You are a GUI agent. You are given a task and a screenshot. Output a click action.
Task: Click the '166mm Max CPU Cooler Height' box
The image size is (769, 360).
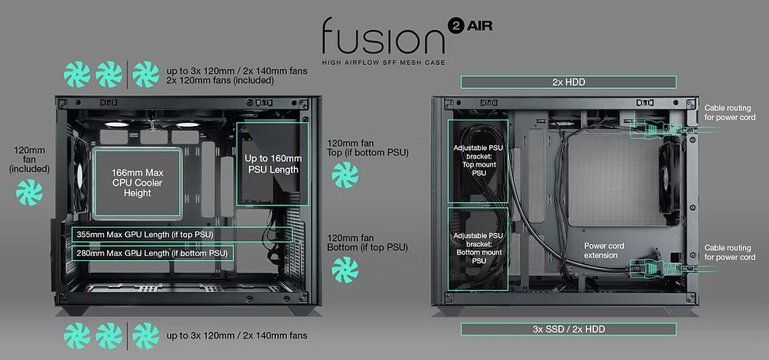[137, 183]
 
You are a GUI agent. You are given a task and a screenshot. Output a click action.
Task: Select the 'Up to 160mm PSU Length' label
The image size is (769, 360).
[274, 164]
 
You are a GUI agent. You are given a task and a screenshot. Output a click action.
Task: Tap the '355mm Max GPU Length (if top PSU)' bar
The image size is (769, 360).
[182, 235]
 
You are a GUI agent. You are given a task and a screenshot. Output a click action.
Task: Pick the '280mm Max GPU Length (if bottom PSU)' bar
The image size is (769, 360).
[152, 253]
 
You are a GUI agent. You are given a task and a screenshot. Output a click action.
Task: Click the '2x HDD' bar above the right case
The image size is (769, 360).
[568, 82]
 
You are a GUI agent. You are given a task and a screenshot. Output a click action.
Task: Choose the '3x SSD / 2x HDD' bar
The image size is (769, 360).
[568, 329]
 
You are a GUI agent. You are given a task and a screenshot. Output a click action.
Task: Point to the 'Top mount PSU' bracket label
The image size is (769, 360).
[478, 160]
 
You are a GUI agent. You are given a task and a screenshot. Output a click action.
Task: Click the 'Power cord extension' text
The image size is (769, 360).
[601, 251]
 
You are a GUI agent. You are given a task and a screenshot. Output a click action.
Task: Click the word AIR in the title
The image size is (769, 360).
[479, 26]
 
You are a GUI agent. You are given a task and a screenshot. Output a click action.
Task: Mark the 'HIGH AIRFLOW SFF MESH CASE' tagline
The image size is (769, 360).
[384, 63]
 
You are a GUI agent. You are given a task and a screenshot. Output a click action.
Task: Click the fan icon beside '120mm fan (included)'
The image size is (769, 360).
[29, 192]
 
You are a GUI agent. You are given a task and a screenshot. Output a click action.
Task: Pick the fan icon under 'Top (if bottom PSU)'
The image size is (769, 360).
[345, 175]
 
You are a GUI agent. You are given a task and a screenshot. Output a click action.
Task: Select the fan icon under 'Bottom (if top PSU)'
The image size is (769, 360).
[345, 270]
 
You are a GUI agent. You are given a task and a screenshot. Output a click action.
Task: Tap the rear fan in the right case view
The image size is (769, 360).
[669, 178]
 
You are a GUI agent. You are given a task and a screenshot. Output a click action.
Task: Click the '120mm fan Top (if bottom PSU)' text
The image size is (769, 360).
[368, 148]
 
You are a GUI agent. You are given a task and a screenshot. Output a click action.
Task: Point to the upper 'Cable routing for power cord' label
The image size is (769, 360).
[730, 113]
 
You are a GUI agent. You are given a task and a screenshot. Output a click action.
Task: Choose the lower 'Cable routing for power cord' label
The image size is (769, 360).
[730, 253]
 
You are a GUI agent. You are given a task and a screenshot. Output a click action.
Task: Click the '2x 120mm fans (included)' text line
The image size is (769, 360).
[220, 80]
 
